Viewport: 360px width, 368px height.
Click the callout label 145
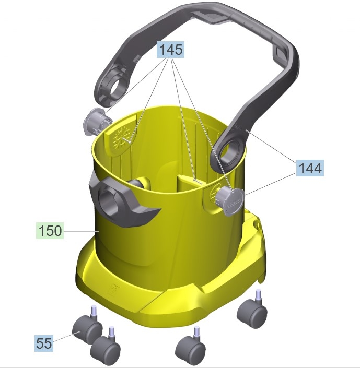tap(170, 50)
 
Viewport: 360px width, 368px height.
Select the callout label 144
tap(310, 168)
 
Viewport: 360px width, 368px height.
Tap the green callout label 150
tap(50, 231)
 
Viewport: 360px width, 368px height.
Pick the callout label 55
tap(44, 343)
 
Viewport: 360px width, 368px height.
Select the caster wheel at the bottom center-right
tap(191, 349)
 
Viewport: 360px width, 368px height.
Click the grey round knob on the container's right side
tap(230, 201)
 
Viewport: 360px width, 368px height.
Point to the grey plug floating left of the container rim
tap(97, 121)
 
